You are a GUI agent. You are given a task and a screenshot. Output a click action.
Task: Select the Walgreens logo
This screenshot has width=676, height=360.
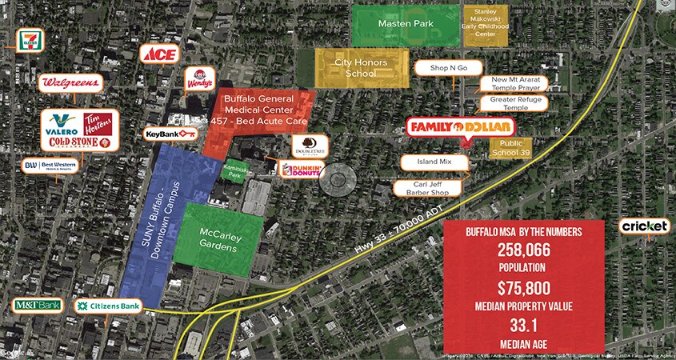coord(71,82)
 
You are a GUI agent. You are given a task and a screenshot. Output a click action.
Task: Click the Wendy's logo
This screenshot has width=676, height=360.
coord(199,79)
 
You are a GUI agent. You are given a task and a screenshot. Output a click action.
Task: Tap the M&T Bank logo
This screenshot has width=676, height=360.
coord(37,305)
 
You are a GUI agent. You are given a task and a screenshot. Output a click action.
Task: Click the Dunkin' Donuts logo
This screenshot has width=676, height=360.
coord(302,170)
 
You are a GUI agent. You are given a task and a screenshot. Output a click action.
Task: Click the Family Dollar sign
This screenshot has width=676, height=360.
coord(459,127)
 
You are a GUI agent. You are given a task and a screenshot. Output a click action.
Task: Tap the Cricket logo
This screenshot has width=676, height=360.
coord(644,227)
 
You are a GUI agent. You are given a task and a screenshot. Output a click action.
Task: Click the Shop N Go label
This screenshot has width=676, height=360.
coord(448,69)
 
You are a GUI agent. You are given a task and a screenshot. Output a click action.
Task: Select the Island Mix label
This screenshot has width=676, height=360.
coord(434,162)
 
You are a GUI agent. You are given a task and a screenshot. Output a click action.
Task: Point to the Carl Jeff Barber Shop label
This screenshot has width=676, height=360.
coord(429,188)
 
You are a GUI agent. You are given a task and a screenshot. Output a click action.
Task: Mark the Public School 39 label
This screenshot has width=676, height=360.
coord(510,148)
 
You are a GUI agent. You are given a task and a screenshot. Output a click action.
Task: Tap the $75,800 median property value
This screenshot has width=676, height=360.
coord(524,289)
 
